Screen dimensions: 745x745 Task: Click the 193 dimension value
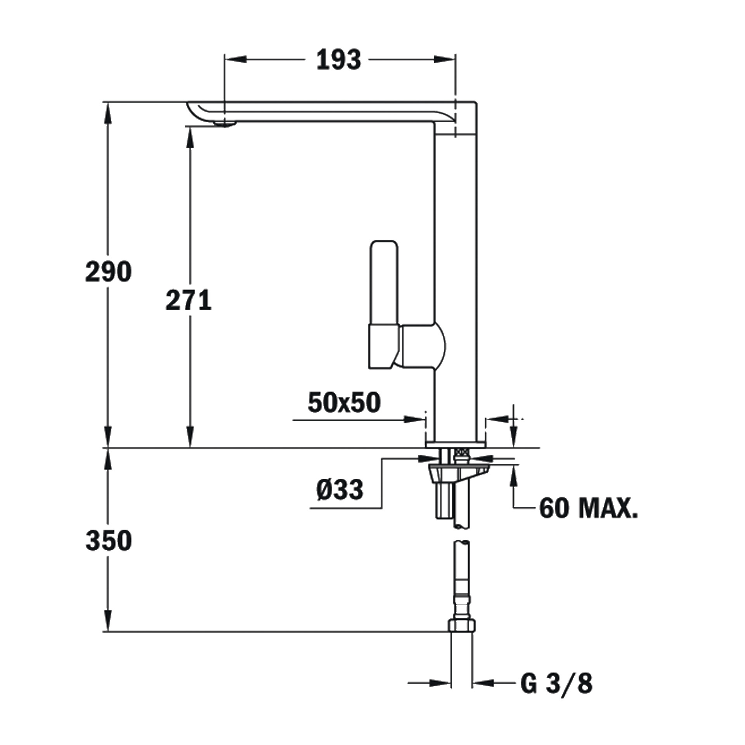[339, 60]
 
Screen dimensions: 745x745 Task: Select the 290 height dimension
[109, 272]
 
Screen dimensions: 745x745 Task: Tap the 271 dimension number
[189, 300]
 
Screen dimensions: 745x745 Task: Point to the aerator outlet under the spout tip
[225, 123]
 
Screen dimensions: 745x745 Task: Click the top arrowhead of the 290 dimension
[108, 113]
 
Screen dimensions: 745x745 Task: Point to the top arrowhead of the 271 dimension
[190, 138]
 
